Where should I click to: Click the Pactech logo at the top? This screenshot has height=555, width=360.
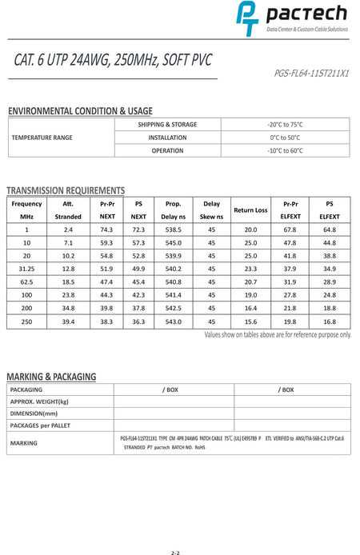point(291,18)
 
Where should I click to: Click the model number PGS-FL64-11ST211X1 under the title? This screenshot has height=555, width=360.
point(311,72)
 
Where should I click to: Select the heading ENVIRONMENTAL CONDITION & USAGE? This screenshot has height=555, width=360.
point(79,111)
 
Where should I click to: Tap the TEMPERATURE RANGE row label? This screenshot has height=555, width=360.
point(42,138)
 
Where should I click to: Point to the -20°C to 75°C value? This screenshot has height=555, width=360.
point(285,125)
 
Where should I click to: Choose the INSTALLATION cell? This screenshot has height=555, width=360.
point(168,138)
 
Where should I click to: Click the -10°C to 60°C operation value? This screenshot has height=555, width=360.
point(285,150)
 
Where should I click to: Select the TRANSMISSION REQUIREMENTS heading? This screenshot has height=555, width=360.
point(66,190)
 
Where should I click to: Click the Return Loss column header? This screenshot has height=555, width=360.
point(250,210)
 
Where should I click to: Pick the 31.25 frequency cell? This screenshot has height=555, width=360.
point(26,269)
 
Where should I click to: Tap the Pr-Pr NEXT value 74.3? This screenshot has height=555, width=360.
point(106,230)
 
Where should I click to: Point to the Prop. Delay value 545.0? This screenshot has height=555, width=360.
point(172,242)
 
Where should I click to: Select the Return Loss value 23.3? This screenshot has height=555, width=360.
point(250,269)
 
